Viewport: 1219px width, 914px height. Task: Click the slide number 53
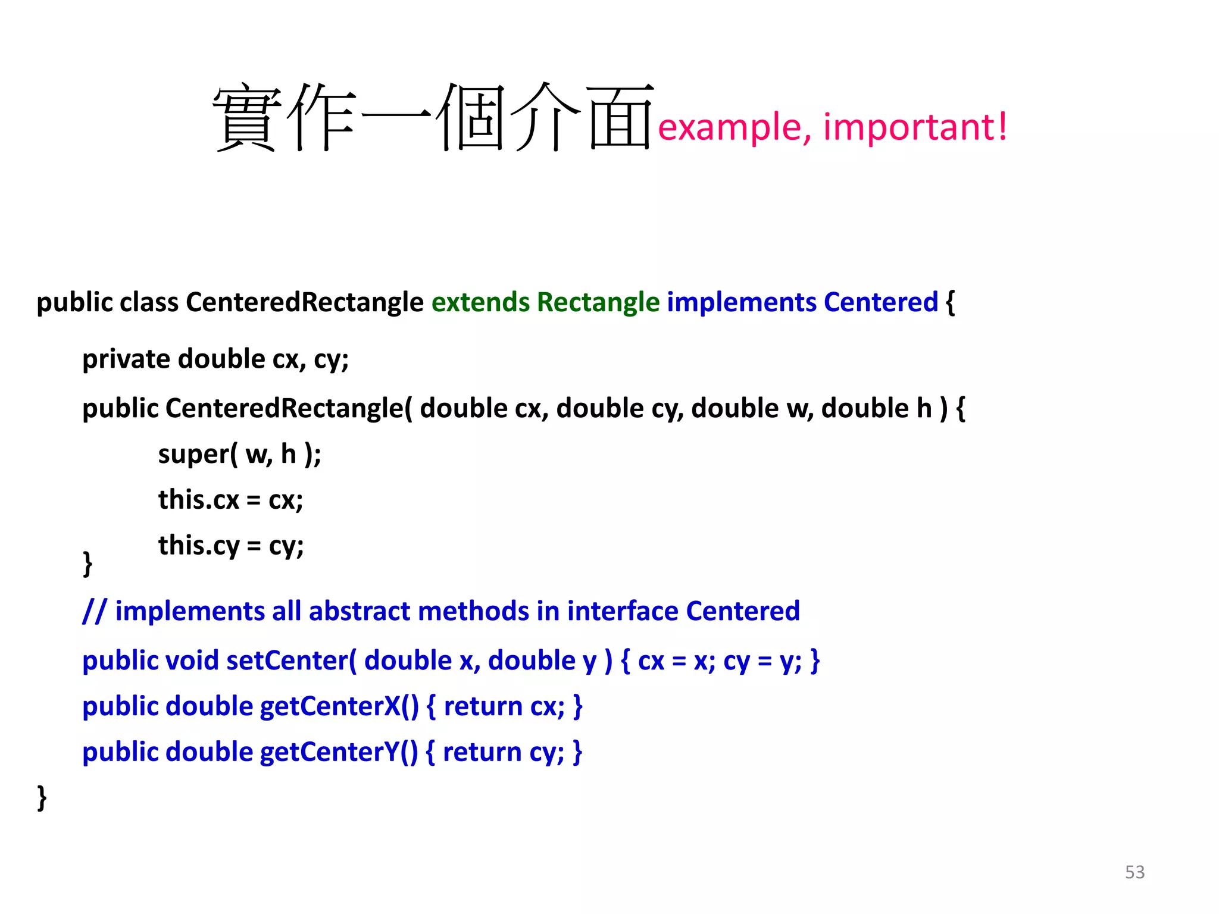(x=1134, y=872)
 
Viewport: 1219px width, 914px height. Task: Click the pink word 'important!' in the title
(x=915, y=127)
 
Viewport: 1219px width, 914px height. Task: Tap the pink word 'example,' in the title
(x=734, y=129)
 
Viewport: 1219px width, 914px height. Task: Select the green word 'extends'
(x=480, y=302)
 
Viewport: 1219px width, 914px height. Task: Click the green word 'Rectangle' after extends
(x=598, y=302)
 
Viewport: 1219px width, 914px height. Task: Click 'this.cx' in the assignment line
(x=198, y=499)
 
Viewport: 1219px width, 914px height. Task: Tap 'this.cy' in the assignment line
(x=198, y=546)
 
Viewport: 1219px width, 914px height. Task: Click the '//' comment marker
(x=94, y=612)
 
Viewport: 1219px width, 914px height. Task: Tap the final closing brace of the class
(x=42, y=797)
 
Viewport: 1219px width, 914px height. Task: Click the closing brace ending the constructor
(x=87, y=563)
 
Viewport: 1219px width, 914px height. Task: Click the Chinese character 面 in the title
(x=619, y=117)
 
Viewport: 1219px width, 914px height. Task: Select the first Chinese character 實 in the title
(x=246, y=118)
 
